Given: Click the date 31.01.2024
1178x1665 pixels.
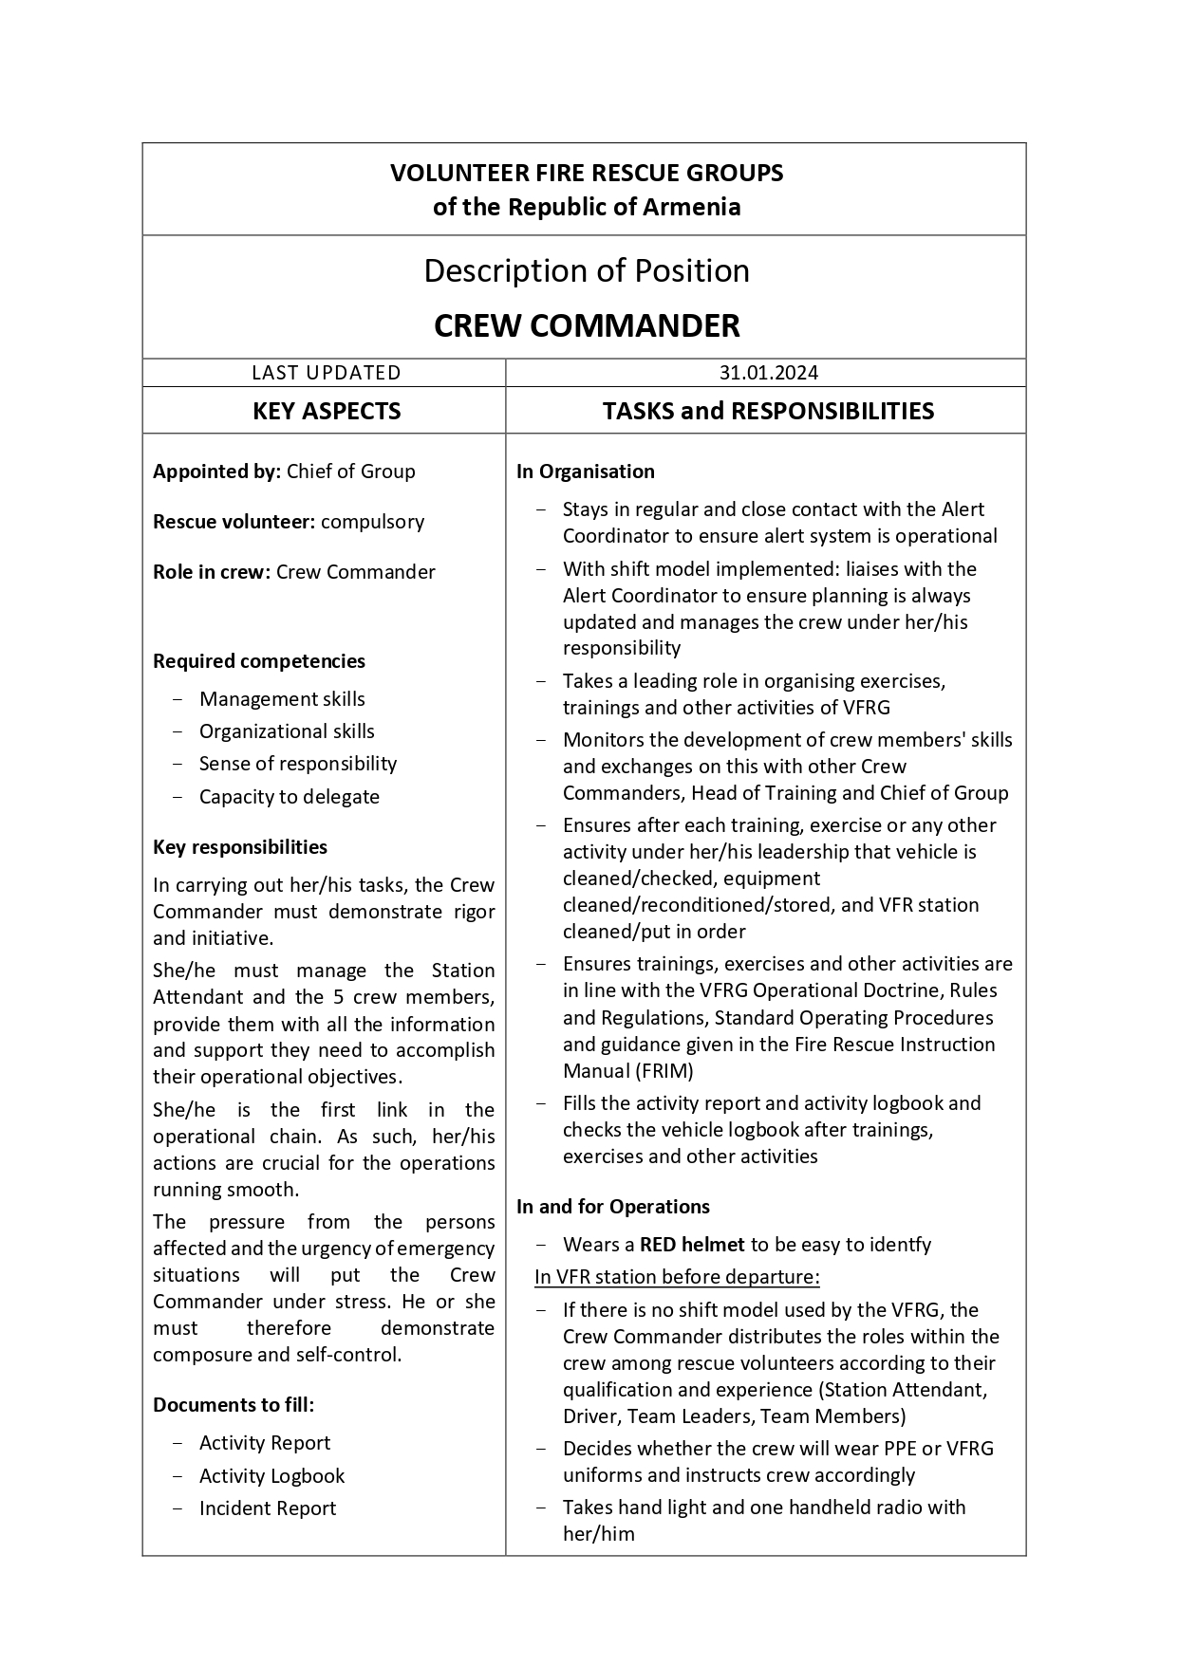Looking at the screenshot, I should click(768, 373).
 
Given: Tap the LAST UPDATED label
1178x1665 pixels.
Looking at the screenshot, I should click(326, 373).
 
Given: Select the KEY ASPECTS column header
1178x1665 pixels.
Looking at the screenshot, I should click(327, 411).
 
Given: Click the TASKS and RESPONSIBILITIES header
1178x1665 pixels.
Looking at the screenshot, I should click(768, 411).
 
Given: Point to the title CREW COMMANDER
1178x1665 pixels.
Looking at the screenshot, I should click(587, 325).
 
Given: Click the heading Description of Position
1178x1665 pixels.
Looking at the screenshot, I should click(587, 271).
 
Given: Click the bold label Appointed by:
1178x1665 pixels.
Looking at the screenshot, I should click(216, 472).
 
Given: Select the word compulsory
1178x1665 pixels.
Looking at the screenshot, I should click(372, 522).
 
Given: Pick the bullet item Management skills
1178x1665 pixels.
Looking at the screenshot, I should click(282, 699).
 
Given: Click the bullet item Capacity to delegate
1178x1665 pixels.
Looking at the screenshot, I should click(289, 797).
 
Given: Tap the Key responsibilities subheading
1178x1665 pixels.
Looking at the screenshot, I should click(240, 847).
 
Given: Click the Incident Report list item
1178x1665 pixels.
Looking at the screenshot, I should click(268, 1508).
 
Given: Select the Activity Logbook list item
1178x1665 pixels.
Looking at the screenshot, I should click(271, 1476).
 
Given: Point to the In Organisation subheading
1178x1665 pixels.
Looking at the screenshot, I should click(586, 472).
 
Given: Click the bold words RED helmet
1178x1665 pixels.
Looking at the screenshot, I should click(692, 1245).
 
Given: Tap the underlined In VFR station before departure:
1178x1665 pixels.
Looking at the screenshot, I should click(677, 1277).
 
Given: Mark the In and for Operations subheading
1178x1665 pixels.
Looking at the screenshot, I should click(613, 1207).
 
